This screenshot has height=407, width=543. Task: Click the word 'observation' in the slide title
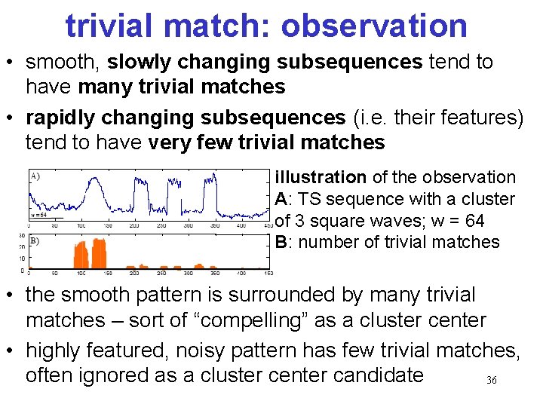click(374, 26)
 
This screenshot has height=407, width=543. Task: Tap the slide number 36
click(491, 381)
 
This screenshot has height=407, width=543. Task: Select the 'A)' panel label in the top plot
click(35, 176)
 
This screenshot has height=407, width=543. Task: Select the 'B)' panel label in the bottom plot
click(34, 241)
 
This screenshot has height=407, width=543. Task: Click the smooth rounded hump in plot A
click(95, 188)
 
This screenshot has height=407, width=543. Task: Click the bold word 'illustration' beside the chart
click(321, 178)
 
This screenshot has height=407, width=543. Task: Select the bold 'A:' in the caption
click(283, 200)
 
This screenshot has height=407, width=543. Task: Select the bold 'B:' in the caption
click(283, 242)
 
